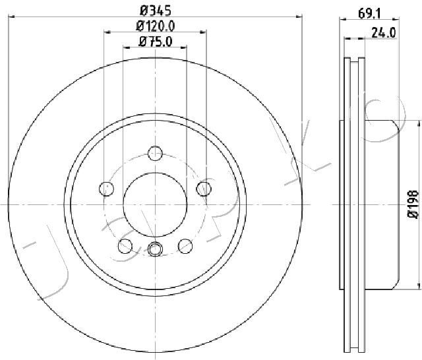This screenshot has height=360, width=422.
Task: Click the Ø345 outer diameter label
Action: (156, 11)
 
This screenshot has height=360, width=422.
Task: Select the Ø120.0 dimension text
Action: (156, 26)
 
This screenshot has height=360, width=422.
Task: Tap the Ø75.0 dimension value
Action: (156, 42)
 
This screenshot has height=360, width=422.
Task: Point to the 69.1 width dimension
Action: (369, 13)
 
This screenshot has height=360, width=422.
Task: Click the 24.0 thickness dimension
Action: (384, 33)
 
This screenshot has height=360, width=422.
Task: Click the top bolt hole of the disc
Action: (156, 154)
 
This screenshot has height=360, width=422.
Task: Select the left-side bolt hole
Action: (106, 189)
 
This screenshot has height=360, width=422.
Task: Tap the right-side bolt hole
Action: (204, 189)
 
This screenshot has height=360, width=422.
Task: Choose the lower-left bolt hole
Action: (125, 246)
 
